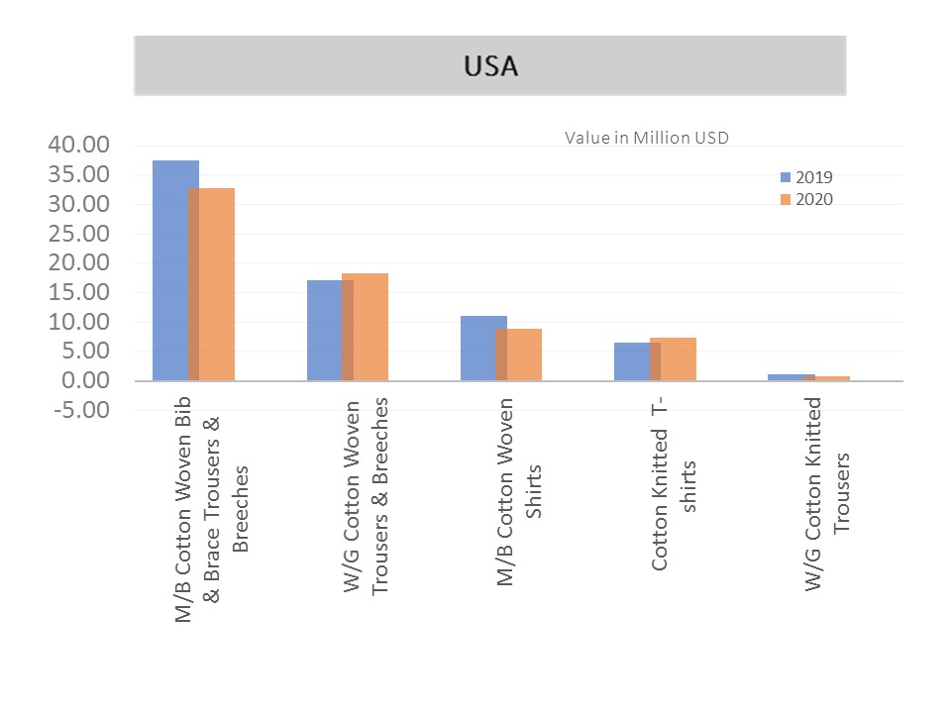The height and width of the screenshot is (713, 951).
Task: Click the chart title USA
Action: pyautogui.click(x=490, y=66)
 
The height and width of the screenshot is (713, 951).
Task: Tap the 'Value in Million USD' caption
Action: pyautogui.click(x=646, y=138)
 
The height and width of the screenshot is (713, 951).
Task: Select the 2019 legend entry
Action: pyautogui.click(x=806, y=177)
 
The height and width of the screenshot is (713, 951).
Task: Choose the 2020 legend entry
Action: pyautogui.click(x=806, y=199)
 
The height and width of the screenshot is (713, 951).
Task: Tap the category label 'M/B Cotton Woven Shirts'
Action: pyautogui.click(x=520, y=491)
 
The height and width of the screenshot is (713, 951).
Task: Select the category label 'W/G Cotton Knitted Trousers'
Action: pyautogui.click(x=827, y=493)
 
